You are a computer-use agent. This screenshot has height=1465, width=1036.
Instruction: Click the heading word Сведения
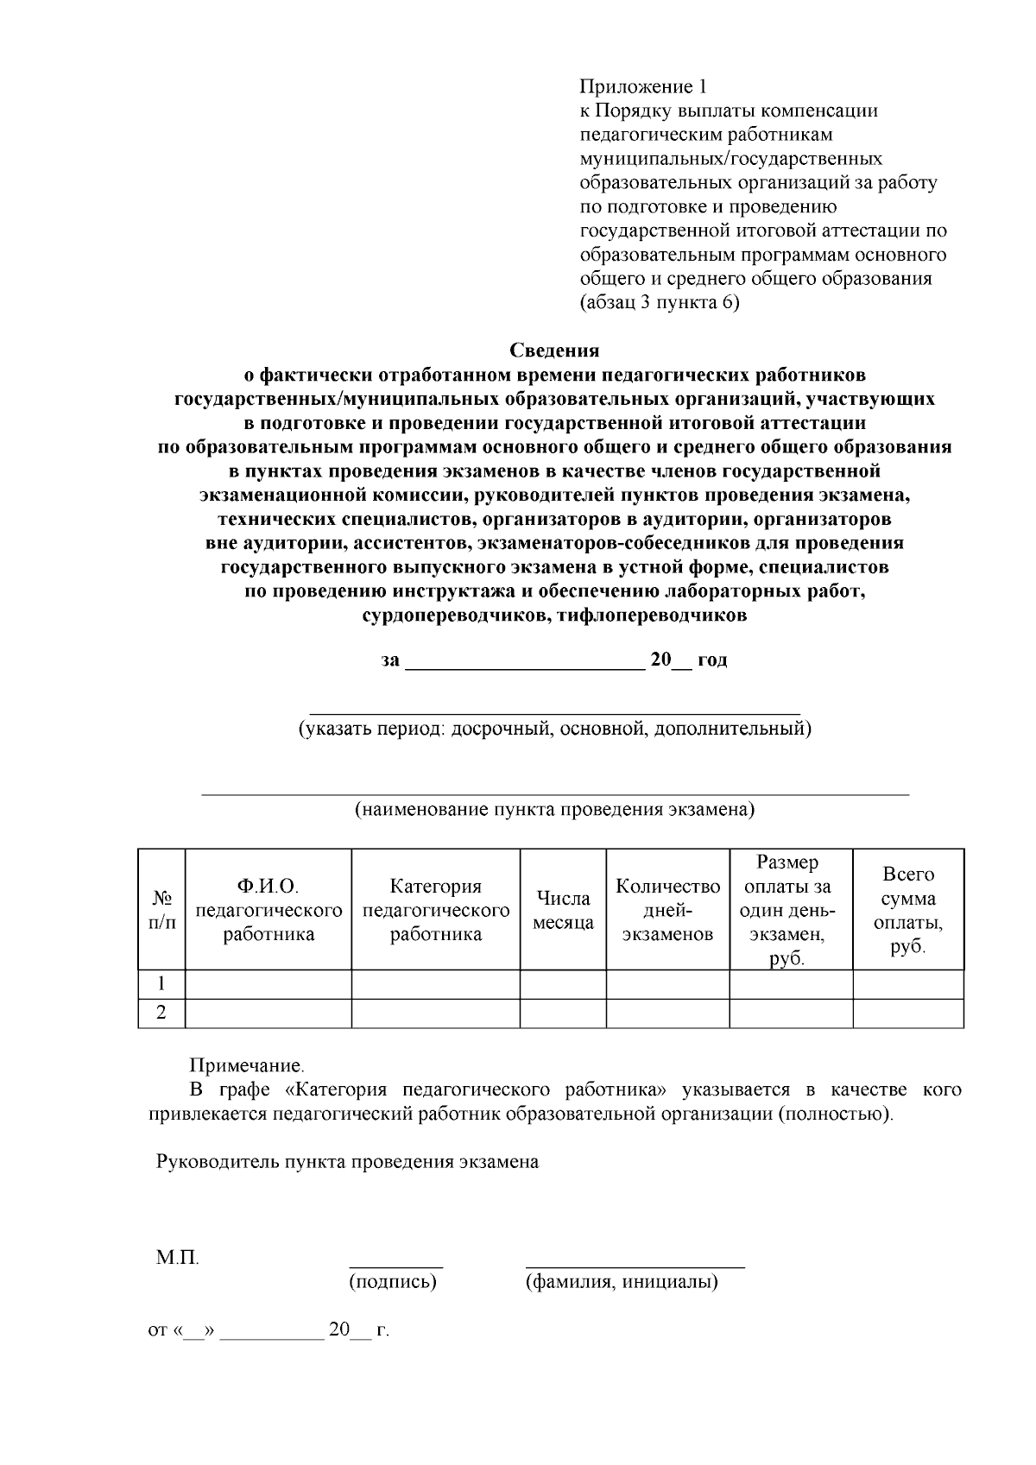pos(553,350)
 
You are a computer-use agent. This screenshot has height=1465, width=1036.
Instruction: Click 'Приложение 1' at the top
pos(642,87)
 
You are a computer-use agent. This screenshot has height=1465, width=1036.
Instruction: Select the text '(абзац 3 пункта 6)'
pos(659,303)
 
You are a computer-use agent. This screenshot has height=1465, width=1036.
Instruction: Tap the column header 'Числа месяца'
pos(563,910)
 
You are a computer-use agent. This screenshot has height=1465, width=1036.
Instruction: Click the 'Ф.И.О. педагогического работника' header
pos(268,910)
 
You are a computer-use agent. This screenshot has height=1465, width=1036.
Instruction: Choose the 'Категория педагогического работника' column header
pos(435,910)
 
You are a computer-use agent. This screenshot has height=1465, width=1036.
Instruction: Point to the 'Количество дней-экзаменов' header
pos(667,910)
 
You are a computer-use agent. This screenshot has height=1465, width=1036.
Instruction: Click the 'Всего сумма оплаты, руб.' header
pos(907,910)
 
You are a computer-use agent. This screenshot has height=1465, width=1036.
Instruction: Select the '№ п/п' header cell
pos(161,910)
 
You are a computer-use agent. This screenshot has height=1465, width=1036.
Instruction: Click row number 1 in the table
pos(161,984)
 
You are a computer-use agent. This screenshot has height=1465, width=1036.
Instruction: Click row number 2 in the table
pos(161,1014)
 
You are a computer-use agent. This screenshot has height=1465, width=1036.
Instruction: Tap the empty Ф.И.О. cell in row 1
pos(268,984)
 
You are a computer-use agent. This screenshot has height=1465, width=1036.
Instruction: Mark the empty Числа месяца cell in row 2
pos(563,1014)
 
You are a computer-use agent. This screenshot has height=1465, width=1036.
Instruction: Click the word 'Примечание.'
pos(247,1067)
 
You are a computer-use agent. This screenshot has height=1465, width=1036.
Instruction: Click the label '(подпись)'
pos(393,1282)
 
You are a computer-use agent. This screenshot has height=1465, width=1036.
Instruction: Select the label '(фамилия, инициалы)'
pos(622,1282)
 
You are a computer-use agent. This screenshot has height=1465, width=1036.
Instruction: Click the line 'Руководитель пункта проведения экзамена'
pos(347,1162)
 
